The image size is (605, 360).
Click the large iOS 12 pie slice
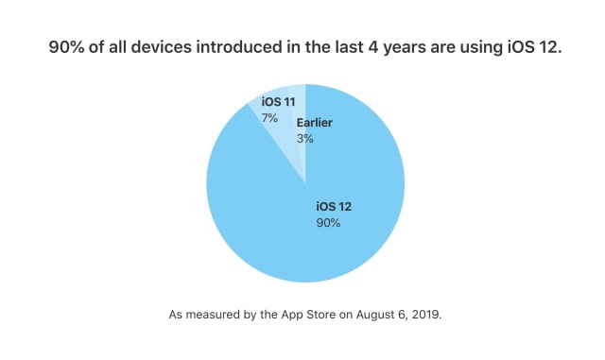(x=284, y=227)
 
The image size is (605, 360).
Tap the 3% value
(x=304, y=138)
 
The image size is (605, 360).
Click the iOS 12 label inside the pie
(x=334, y=205)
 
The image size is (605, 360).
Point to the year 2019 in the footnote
(x=426, y=313)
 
